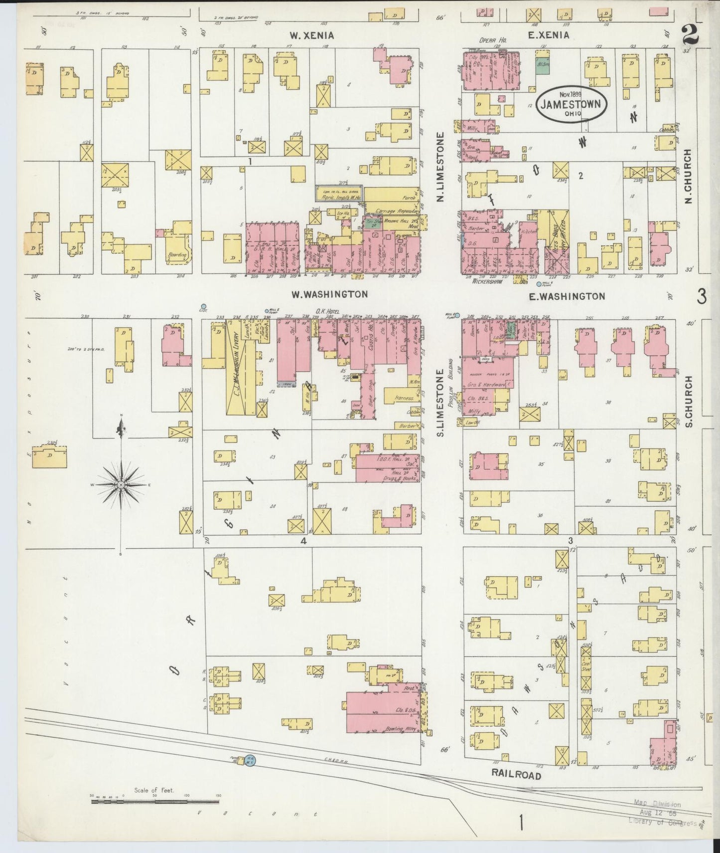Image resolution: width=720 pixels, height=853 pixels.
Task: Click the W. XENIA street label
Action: [312, 35]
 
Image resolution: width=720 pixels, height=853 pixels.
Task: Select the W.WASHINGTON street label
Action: [329, 294]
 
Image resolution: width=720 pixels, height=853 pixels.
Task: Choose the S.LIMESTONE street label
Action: [440, 402]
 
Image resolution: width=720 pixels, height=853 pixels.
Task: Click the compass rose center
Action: [121, 484]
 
